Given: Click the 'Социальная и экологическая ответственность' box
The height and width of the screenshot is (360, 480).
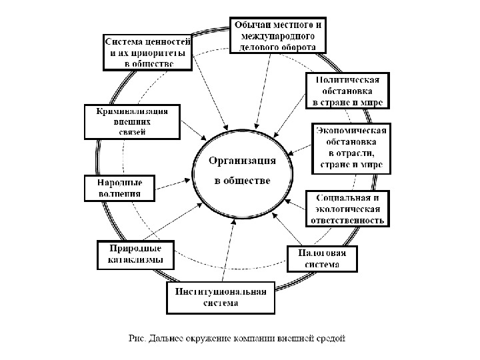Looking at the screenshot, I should [x=347, y=209].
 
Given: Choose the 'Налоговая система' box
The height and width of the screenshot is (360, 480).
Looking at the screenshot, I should [x=322, y=259].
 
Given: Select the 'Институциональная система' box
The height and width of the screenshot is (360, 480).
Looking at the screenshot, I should [x=220, y=297].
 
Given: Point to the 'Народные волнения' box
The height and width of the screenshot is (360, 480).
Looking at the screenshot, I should [x=119, y=188].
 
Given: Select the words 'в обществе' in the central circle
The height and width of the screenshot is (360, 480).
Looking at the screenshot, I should [x=241, y=181].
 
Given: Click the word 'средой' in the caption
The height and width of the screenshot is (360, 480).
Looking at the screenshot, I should [x=332, y=337].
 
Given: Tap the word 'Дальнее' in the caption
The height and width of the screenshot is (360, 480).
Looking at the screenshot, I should [x=165, y=337].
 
